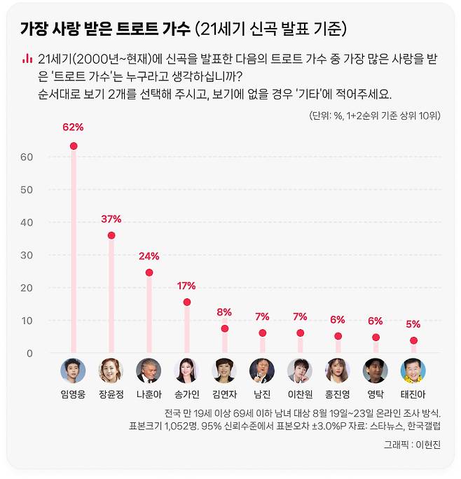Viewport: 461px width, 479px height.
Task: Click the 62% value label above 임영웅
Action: pos(73,127)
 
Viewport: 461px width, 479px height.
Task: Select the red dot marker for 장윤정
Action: pos(111,235)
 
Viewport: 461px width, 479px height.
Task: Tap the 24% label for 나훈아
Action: pos(149,256)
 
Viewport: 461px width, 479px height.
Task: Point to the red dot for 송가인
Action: pos(186,302)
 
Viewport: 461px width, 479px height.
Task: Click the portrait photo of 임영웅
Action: pos(73,370)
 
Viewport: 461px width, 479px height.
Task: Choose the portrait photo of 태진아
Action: pos(413,370)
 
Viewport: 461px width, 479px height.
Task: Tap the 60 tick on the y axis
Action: pos(27,157)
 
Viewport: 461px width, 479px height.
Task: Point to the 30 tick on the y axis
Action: pos(27,255)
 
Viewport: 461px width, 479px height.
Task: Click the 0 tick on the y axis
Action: pos(29,353)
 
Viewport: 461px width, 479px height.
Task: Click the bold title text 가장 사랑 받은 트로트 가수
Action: pos(105,29)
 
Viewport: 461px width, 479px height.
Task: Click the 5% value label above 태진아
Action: pos(413,324)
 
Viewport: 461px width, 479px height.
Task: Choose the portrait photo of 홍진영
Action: pos(338,370)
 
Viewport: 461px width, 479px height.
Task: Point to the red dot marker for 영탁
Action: pos(376,337)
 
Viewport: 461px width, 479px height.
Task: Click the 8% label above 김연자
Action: pos(224,312)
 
